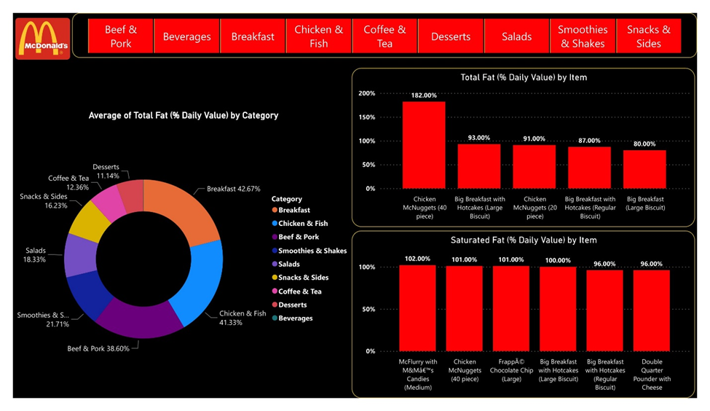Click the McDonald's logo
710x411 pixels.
pyautogui.click(x=42, y=38)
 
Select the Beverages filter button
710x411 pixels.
pyautogui.click(x=186, y=36)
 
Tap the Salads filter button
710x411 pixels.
pyautogui.click(x=516, y=36)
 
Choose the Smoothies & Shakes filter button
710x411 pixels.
pyautogui.click(x=583, y=36)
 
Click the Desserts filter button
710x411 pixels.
pyautogui.click(x=450, y=36)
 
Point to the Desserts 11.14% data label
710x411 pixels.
pyautogui.click(x=106, y=171)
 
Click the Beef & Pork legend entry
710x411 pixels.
pyautogui.click(x=298, y=237)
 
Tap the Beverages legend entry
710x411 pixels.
pyautogui.click(x=295, y=318)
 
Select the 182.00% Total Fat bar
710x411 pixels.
pyautogui.click(x=424, y=144)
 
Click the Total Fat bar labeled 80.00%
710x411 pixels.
pyautogui.click(x=644, y=169)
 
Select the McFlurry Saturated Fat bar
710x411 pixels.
pyautogui.click(x=417, y=308)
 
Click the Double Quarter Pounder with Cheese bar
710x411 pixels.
pyautogui.click(x=652, y=310)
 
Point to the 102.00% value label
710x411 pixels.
pyautogui.click(x=417, y=259)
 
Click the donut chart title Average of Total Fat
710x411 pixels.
pyautogui.click(x=183, y=115)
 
